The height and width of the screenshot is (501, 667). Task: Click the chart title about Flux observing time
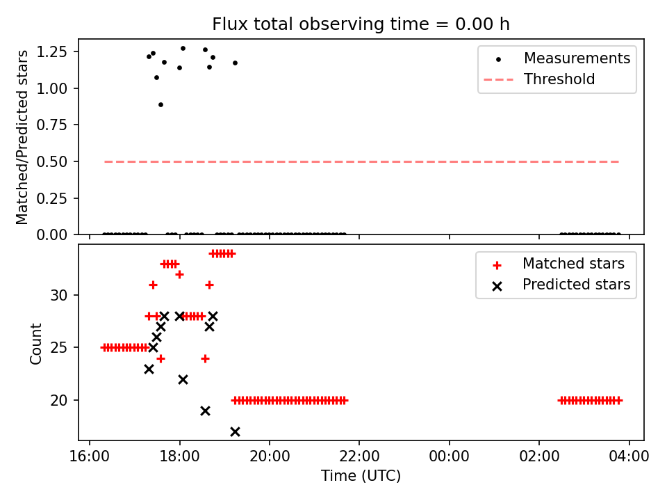[361, 24]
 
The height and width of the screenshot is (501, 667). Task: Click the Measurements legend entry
[577, 58]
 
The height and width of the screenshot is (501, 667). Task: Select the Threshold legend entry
[559, 79]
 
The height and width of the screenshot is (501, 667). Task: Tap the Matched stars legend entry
[573, 264]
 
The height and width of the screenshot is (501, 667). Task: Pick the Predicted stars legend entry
[576, 285]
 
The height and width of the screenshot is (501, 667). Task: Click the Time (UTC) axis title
[361, 476]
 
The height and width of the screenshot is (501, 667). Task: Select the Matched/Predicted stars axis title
[22, 137]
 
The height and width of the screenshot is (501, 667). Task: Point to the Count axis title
[35, 343]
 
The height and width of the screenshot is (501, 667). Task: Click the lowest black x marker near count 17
[235, 432]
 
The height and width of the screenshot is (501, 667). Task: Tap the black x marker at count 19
[205, 411]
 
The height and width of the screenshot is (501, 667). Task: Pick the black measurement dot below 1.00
[160, 104]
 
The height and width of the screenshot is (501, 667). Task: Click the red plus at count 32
[179, 274]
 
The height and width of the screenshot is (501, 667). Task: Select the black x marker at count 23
[149, 369]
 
